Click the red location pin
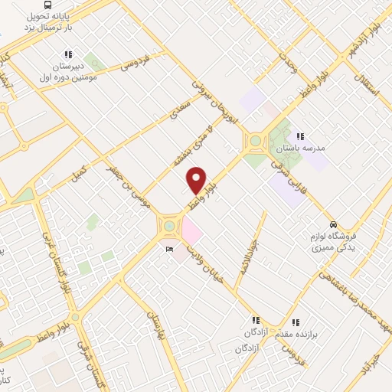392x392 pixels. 197,179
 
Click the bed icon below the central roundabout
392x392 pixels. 168,249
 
